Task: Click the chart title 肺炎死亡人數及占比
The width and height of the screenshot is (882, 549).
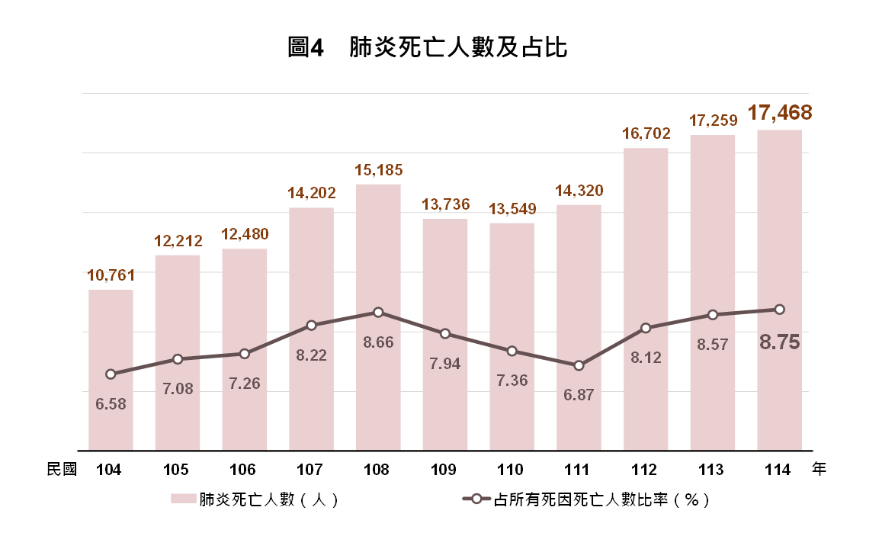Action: [x=458, y=47]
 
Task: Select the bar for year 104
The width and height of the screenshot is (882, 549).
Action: [x=111, y=370]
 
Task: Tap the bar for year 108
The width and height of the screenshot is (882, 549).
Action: [x=378, y=317]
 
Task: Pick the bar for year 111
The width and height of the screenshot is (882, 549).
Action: [x=579, y=327]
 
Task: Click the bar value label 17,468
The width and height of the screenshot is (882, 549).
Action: [x=780, y=113]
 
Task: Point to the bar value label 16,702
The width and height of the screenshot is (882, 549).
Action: [x=646, y=133]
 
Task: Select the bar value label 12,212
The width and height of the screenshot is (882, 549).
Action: [x=178, y=241]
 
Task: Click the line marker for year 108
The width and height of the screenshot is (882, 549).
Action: [x=378, y=312]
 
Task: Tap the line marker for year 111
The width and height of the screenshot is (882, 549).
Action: [x=579, y=366]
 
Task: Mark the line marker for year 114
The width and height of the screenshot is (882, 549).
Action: [x=780, y=310]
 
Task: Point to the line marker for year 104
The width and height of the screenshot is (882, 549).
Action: [x=111, y=374]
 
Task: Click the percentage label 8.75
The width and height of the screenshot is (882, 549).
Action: [x=780, y=342]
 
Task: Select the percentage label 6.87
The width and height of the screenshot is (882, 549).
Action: [x=579, y=395]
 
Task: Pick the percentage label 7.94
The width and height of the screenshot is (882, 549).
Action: [x=445, y=364]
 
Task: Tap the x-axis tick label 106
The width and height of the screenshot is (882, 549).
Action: [x=242, y=469]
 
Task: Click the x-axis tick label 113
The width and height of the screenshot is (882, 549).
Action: [x=711, y=469]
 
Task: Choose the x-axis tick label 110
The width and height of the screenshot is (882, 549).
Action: [x=510, y=469]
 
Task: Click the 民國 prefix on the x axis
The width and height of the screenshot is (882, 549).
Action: [x=62, y=469]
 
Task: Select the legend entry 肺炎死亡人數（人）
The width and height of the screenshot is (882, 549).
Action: [x=255, y=499]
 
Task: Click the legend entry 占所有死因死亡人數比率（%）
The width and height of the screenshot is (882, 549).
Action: [x=585, y=499]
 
